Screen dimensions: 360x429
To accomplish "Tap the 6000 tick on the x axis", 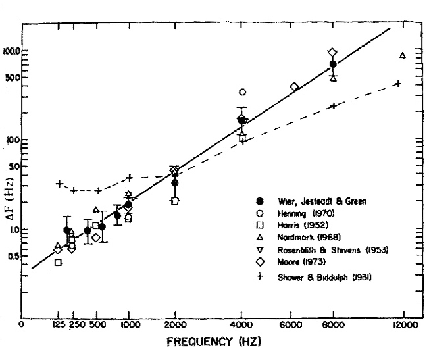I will coord(290,325).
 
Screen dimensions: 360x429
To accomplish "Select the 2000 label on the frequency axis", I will coord(175,325).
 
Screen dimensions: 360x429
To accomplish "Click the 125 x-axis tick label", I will coord(59,325).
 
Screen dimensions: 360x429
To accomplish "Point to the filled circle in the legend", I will coord(260,201).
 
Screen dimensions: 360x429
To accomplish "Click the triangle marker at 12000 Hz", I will coord(402,55).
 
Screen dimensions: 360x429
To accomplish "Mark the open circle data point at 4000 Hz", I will coord(242,92).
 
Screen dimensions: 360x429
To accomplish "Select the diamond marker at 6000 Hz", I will coord(294,86).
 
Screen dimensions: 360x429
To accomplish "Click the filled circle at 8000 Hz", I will coord(333,64).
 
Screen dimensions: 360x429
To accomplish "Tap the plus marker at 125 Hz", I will coord(59,184).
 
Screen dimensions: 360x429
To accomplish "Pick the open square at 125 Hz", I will coord(59,262).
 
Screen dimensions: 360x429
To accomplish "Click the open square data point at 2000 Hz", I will coord(175,201).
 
